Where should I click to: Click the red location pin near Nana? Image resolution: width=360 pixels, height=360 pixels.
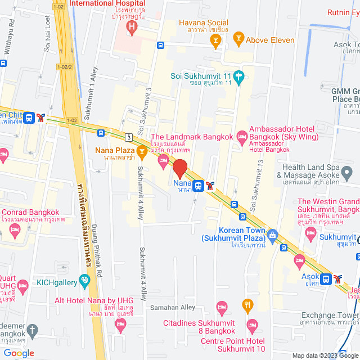179,169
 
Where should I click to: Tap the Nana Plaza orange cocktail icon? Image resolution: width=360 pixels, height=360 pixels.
143,151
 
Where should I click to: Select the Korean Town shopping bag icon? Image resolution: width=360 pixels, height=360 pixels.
273,234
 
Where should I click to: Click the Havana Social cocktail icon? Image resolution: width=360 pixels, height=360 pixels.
214,39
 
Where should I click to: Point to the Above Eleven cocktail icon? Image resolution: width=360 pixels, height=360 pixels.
238,39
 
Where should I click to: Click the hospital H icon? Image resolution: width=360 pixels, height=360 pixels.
132,26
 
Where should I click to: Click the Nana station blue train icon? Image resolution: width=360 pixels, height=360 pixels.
198,185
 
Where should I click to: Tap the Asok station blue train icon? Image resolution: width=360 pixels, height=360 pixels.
326,278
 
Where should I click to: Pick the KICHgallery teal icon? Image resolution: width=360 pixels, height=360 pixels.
85,280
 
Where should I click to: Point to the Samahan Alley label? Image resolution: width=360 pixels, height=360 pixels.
172,308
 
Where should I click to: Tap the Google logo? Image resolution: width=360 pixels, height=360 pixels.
19,353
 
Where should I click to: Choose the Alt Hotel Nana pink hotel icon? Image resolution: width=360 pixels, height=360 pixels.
120,324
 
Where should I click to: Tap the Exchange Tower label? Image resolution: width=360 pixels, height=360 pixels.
330,315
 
